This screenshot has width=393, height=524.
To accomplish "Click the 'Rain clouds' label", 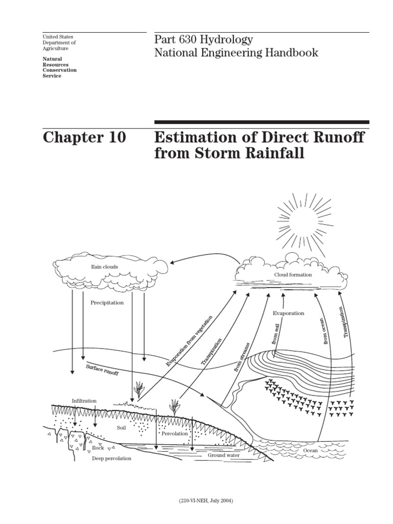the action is [x=104, y=267].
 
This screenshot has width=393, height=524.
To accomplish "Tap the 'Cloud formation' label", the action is [x=293, y=275].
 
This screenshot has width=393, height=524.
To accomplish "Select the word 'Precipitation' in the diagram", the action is [x=107, y=303].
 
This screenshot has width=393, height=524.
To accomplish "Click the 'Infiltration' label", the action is [x=84, y=401].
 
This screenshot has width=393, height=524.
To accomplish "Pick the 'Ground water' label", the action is [x=224, y=455].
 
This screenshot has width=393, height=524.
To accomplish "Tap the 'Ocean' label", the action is [x=310, y=450].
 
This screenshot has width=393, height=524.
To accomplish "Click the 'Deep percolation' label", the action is [x=112, y=458].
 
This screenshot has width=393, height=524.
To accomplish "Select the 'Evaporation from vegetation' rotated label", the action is [x=189, y=341].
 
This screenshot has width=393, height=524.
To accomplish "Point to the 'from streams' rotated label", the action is [x=242, y=357].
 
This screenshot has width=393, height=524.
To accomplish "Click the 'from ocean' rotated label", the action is [x=325, y=331].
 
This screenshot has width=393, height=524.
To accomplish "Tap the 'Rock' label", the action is [x=98, y=448].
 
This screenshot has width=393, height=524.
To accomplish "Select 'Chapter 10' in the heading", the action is [x=84, y=137].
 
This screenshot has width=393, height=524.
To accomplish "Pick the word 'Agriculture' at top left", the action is [x=55, y=49].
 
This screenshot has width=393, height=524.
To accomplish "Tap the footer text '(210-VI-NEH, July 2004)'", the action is [x=206, y=500].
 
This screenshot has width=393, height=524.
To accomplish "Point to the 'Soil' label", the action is [x=121, y=428].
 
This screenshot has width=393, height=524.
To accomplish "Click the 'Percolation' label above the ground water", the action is [x=175, y=434].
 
